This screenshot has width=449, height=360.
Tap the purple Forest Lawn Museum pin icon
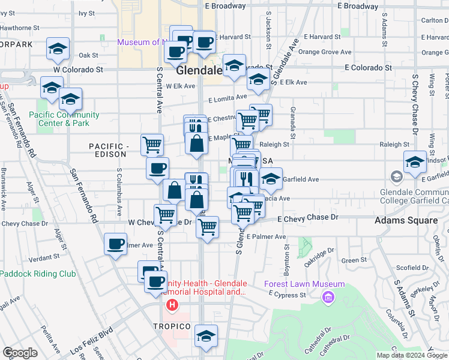pyautogui.click(x=328, y=296)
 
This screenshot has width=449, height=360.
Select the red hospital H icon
pyautogui.click(x=172, y=305)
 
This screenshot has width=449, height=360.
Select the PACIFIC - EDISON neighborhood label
pyautogui.click(x=108, y=150)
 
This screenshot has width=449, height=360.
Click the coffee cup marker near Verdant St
pyautogui.click(x=115, y=244)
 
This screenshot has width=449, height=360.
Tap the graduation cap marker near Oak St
pyautogui.click(x=58, y=49)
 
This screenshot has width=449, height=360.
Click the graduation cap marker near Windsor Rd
pyautogui.click(x=415, y=162)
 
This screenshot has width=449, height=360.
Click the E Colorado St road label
pyautogui.click(x=368, y=68)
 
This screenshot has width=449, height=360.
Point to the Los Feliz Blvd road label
pyautogui.click(x=91, y=340)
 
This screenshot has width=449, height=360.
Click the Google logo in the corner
pyautogui.click(x=20, y=353)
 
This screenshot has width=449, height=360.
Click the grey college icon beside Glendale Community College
pyautogui.click(x=396, y=177)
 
